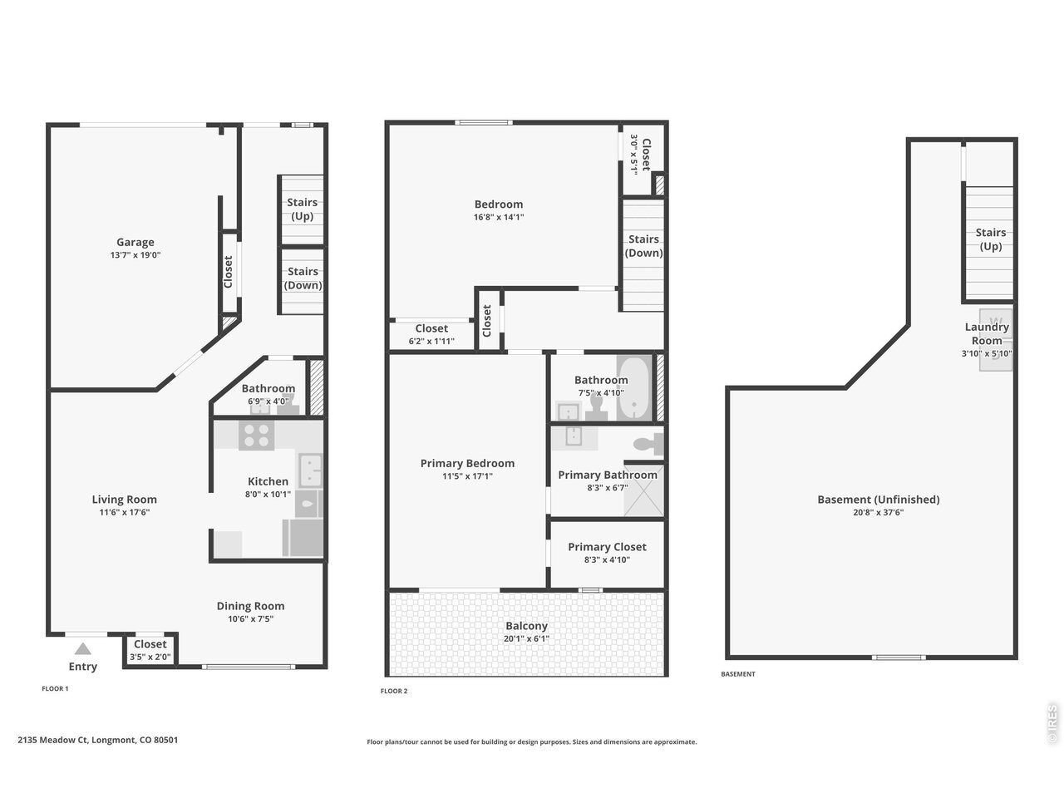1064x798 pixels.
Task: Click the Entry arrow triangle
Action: click(x=83, y=648)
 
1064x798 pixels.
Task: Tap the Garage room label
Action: click(x=135, y=242)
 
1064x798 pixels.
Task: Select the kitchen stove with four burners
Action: click(x=256, y=435)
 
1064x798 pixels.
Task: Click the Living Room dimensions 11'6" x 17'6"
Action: click(x=125, y=513)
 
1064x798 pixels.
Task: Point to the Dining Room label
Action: click(x=250, y=606)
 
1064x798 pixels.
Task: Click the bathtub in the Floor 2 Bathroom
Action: click(x=634, y=388)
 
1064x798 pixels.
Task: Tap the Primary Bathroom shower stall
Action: click(x=643, y=490)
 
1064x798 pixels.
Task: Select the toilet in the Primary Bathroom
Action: click(x=648, y=443)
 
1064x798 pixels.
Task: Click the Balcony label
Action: click(x=526, y=626)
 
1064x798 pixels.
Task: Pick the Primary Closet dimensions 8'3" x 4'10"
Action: click(x=607, y=559)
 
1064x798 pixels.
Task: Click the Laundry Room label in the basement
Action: click(x=987, y=334)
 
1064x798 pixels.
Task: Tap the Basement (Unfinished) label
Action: click(x=879, y=500)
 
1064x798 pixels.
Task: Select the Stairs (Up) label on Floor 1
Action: click(x=302, y=209)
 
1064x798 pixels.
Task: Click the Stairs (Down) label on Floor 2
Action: click(x=643, y=246)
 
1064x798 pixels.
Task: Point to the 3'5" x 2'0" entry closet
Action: click(x=150, y=650)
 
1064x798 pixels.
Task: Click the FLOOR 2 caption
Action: click(x=394, y=691)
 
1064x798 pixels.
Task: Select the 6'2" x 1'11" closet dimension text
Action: click(x=431, y=341)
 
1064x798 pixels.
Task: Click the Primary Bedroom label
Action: click(x=467, y=463)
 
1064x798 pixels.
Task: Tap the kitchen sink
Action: click(x=310, y=470)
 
